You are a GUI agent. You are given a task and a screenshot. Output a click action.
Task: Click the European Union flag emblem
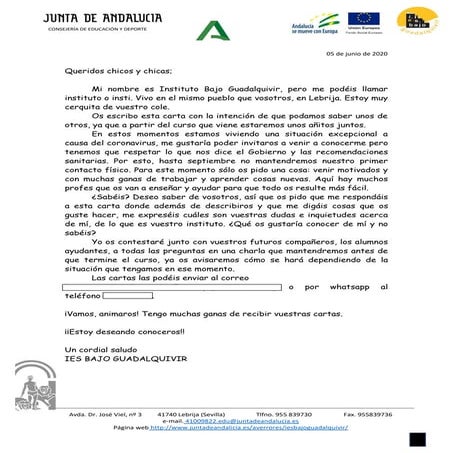[x=362, y=18]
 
